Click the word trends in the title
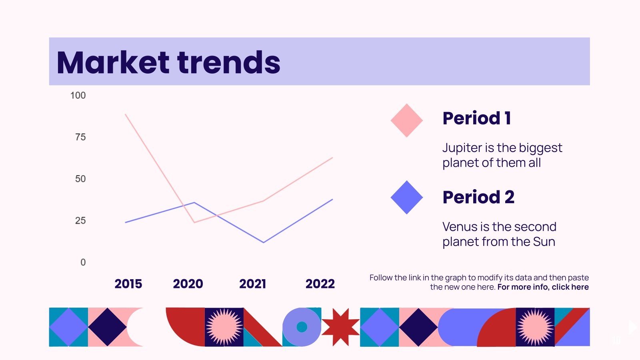click(x=229, y=62)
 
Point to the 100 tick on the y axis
click(x=78, y=96)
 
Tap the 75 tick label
click(x=80, y=137)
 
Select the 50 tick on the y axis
click(x=80, y=179)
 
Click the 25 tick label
click(x=80, y=220)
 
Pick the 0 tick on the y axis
click(x=83, y=262)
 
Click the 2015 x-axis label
click(x=128, y=284)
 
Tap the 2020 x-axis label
click(x=188, y=284)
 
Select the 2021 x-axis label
click(x=252, y=284)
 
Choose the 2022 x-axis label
click(x=320, y=284)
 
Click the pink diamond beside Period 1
click(x=406, y=120)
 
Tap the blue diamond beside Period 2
click(x=406, y=197)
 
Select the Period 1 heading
click(x=476, y=118)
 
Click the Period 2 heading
click(x=478, y=197)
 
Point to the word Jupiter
click(x=462, y=148)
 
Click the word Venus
click(x=460, y=227)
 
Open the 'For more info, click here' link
click(x=543, y=287)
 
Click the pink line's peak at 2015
click(x=126, y=115)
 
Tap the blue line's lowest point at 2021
click(x=263, y=242)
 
